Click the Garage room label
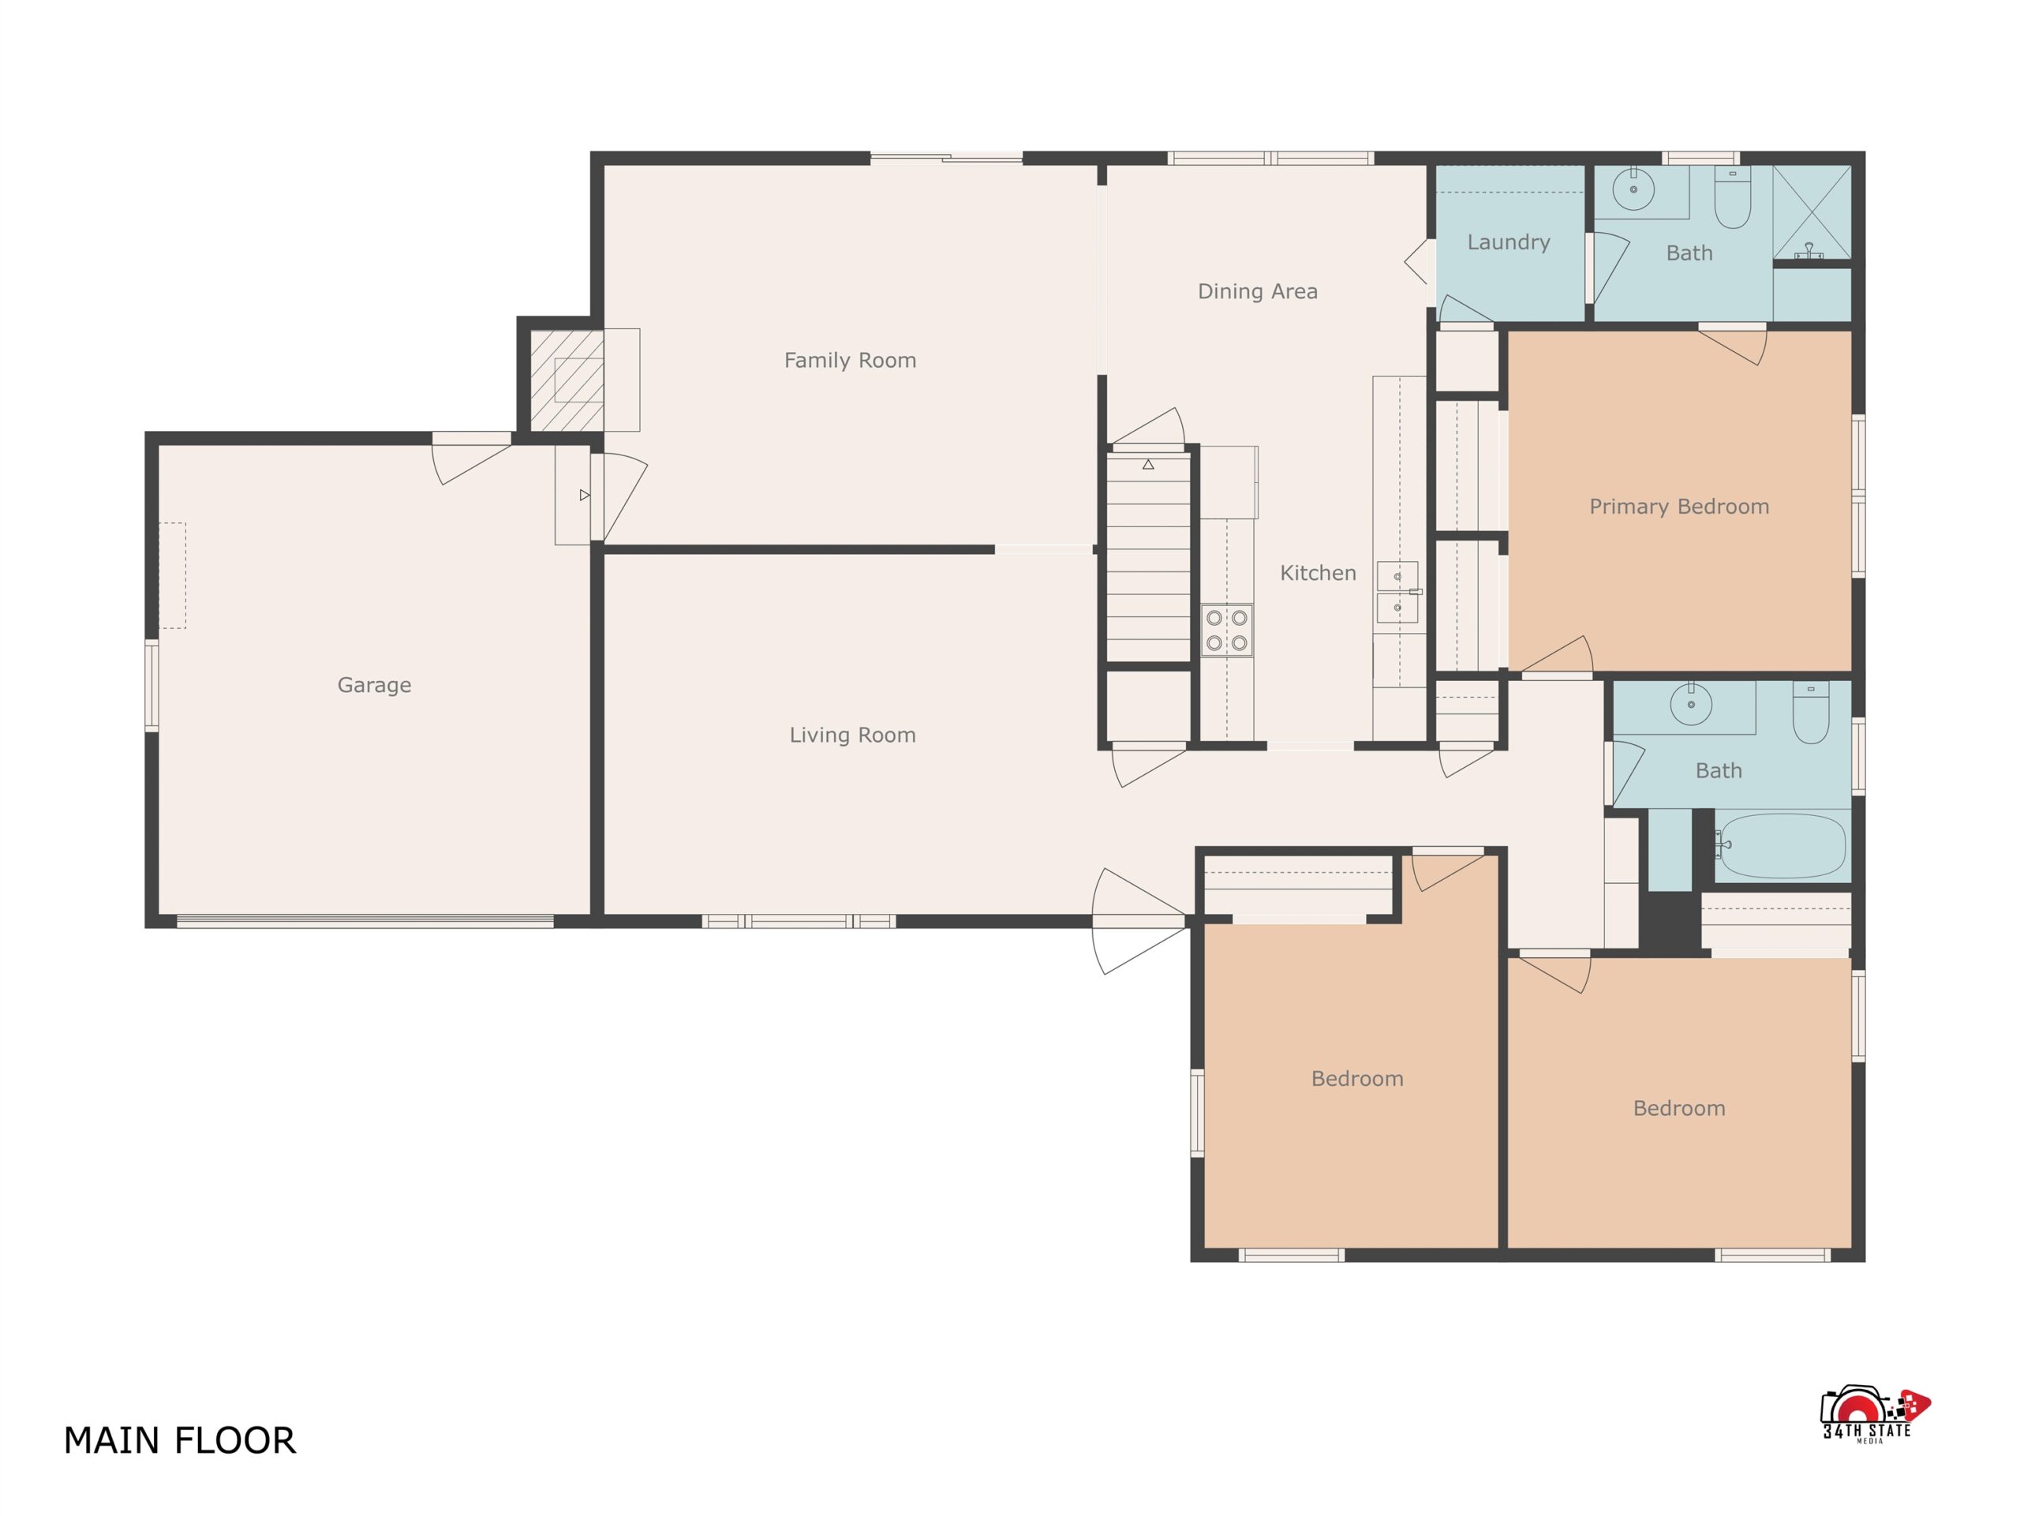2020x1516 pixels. click(375, 685)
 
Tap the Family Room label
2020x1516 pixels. click(850, 361)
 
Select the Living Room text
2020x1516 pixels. click(853, 736)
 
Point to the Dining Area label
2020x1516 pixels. click(1258, 291)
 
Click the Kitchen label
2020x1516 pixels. click(1318, 574)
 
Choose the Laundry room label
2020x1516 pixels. click(1509, 243)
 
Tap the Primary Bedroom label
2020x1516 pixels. click(1679, 507)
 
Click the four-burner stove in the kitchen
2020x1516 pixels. click(1226, 630)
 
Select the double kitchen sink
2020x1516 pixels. click(1398, 592)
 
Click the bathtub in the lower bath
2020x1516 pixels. click(1782, 846)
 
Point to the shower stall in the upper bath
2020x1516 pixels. click(1812, 211)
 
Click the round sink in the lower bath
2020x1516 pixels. click(1691, 704)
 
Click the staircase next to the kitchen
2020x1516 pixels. click(1149, 558)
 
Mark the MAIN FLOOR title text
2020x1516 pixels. click(179, 1440)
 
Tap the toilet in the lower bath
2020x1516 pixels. click(1811, 713)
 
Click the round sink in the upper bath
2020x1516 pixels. click(1633, 189)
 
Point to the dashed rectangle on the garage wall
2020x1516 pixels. click(173, 575)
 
